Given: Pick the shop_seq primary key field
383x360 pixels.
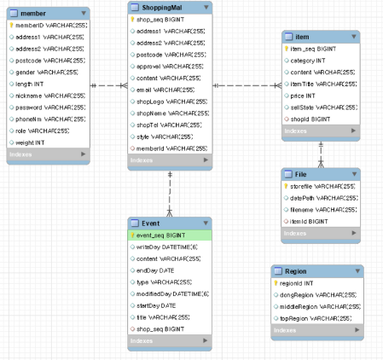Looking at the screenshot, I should coord(162,19).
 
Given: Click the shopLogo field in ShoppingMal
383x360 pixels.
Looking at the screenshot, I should coord(167,101).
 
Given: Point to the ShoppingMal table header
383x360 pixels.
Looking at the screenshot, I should coord(162,7).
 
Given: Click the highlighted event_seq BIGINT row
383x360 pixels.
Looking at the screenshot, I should coord(166,234).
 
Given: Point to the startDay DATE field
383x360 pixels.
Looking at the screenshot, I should coord(162,305).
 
